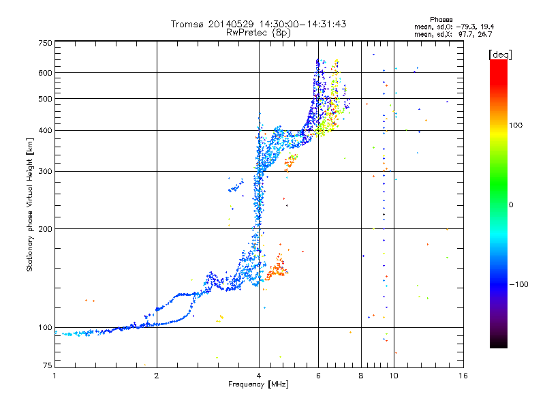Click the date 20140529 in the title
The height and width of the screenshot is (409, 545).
point(231,24)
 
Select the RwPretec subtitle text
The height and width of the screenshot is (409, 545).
point(258,33)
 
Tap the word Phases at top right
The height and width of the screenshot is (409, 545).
point(441,20)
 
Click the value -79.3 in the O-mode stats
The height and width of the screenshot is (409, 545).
point(465,27)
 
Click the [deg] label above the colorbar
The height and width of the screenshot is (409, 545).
point(500,55)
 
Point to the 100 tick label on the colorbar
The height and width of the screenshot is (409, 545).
point(516,125)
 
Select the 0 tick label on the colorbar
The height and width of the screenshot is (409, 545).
point(511,205)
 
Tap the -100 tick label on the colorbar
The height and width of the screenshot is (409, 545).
point(518,284)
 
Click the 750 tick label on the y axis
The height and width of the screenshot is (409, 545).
point(46,43)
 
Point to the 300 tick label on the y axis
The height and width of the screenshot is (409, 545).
point(46,171)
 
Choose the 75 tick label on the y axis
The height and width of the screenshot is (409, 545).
point(48,365)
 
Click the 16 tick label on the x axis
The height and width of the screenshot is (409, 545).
point(463,376)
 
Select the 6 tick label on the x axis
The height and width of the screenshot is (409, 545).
point(318,376)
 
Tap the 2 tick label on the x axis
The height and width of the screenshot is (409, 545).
point(157,376)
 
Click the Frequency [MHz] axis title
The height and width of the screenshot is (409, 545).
point(258,384)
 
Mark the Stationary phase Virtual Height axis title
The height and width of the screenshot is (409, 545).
point(30,205)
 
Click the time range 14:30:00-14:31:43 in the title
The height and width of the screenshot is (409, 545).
point(302,24)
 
